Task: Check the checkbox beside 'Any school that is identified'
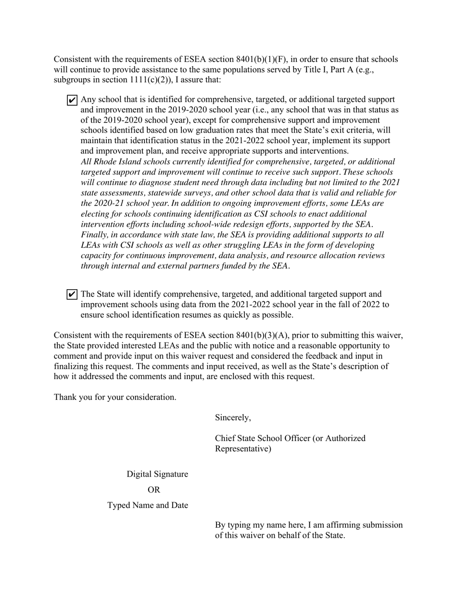click(72, 100)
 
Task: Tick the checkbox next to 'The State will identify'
click(72, 294)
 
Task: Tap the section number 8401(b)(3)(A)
click(262, 335)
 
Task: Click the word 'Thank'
click(65, 397)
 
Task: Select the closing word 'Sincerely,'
click(233, 418)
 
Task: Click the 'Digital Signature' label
click(157, 474)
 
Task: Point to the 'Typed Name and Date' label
click(148, 505)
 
